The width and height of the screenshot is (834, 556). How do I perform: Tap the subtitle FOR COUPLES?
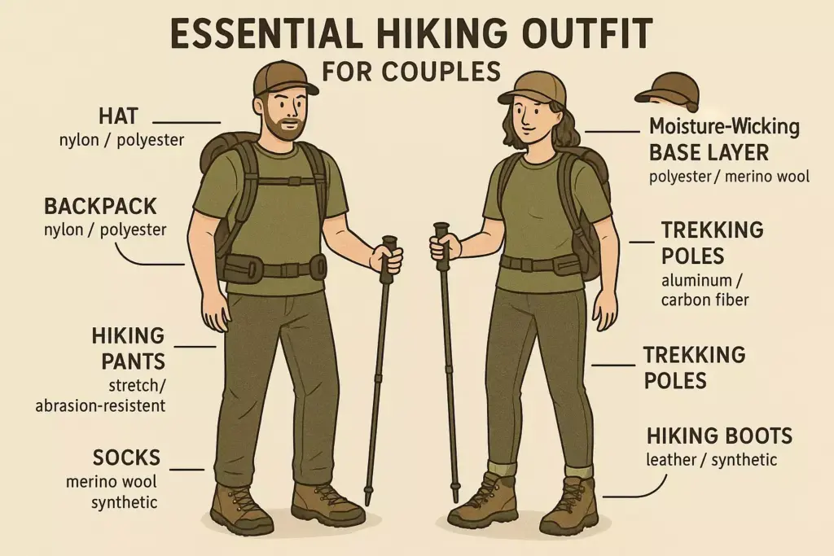(x=411, y=72)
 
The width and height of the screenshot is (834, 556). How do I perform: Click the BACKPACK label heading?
(x=100, y=205)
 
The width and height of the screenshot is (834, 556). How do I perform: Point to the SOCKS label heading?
(x=123, y=458)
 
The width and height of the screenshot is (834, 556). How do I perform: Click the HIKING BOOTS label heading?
(x=719, y=436)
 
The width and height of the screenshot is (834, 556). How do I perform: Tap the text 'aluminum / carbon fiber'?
(x=705, y=291)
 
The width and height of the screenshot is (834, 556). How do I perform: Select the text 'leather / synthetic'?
(x=712, y=461)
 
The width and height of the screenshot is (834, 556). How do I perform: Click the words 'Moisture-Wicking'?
(x=724, y=127)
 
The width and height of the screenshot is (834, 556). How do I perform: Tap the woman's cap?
(x=533, y=86)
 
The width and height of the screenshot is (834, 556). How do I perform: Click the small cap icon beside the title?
(x=668, y=89)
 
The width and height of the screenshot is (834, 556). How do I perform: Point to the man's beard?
(x=280, y=126)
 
